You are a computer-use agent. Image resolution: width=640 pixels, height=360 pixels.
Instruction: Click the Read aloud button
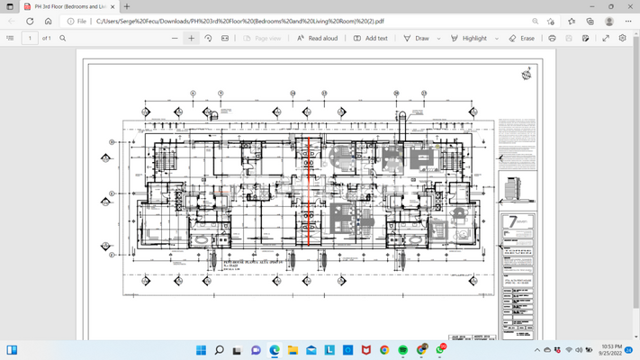click(x=318, y=39)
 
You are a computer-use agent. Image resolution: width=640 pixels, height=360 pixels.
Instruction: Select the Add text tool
click(x=370, y=39)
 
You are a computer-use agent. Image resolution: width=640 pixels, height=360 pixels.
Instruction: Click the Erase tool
click(x=521, y=39)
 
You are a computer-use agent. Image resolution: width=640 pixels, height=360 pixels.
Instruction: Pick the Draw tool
click(x=416, y=39)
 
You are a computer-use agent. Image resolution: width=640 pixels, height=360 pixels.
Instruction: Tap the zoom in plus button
click(x=191, y=39)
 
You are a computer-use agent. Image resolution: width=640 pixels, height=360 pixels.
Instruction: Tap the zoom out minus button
click(x=175, y=39)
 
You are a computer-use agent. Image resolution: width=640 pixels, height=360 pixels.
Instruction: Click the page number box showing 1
click(x=32, y=39)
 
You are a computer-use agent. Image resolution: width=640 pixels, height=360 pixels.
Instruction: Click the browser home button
click(x=48, y=21)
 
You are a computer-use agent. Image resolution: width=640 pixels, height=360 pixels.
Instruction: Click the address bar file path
click(x=270, y=21)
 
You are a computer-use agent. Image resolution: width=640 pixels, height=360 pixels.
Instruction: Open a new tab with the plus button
click(x=127, y=6)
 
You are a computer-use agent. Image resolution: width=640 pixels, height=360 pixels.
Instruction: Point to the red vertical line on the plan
click(x=309, y=189)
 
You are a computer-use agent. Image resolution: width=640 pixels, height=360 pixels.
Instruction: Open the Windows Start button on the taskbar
click(x=200, y=349)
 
